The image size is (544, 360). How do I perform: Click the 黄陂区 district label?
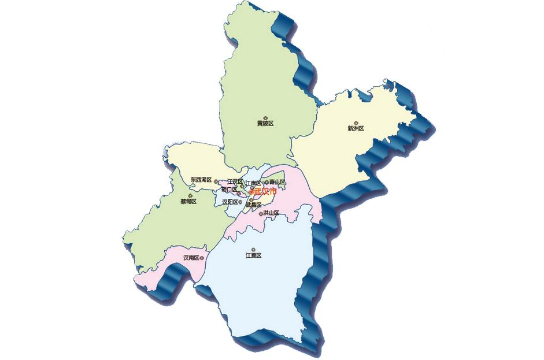tap(265, 123)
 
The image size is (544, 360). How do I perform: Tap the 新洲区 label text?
tap(356, 128)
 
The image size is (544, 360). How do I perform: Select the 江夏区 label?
tap(253, 255)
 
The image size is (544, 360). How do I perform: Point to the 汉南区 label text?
tap(191, 258)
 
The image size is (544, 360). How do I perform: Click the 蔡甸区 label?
tap(188, 202)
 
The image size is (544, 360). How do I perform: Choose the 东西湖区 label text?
tap(201, 180)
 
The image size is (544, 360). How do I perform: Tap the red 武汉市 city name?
tap(265, 191)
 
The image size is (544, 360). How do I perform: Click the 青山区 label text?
tap(277, 182)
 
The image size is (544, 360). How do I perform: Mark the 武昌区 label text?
tap(253, 205)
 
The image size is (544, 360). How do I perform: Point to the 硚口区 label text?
tap(230, 190)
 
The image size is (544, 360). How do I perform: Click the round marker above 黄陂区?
tap(265, 117)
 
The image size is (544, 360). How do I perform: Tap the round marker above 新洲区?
tap(356, 123)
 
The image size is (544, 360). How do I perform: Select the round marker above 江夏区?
tap(253, 250)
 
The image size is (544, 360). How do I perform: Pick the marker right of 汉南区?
tap(202, 258)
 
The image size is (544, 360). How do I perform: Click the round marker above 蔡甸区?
tap(189, 196)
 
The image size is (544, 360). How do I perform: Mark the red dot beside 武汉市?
tap(251, 192)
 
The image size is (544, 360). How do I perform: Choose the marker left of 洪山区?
tap(261, 214)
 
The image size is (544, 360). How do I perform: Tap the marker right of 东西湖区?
tap(215, 181)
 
